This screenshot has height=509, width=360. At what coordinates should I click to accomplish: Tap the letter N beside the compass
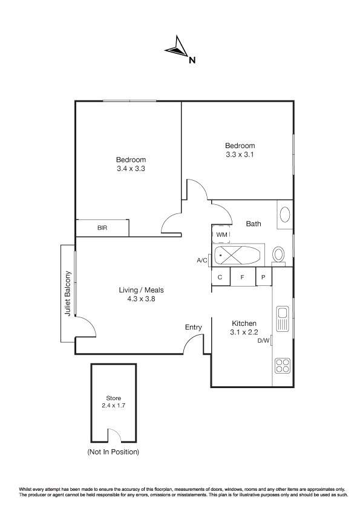click(192, 60)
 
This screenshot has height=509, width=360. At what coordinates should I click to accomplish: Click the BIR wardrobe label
click(102, 228)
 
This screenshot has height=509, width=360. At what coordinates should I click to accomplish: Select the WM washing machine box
click(221, 234)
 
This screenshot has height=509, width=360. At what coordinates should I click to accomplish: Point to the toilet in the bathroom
click(278, 255)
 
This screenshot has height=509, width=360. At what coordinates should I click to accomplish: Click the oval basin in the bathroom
click(284, 215)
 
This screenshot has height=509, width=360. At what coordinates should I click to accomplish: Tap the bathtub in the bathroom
click(238, 256)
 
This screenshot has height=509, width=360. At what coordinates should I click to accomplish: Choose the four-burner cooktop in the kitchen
click(283, 365)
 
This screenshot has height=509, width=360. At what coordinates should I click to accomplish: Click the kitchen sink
click(282, 318)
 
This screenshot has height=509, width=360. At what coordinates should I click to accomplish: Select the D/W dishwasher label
click(264, 340)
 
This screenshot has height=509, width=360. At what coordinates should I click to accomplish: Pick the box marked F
click(243, 277)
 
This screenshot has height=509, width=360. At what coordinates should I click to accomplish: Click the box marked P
click(264, 277)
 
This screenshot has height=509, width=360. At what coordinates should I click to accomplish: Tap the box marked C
click(220, 277)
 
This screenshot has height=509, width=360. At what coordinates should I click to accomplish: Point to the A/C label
click(201, 261)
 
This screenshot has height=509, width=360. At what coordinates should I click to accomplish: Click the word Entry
click(194, 327)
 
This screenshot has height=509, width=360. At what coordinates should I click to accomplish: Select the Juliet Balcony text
click(68, 293)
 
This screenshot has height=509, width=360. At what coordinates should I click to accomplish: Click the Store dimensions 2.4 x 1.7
click(113, 406)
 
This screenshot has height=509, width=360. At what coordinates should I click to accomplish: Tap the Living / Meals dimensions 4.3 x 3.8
click(141, 299)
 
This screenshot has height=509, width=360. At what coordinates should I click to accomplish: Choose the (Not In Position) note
click(113, 452)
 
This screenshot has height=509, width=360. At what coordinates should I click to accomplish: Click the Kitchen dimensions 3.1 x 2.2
click(244, 332)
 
